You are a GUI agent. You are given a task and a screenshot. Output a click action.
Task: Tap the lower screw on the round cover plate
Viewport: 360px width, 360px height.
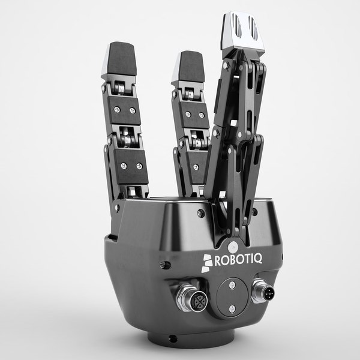click(x=231, y=308)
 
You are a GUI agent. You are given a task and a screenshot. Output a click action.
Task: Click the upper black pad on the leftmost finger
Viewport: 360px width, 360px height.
click(x=125, y=110)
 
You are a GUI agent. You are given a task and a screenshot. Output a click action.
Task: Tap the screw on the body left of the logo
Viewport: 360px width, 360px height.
click(x=165, y=264)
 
